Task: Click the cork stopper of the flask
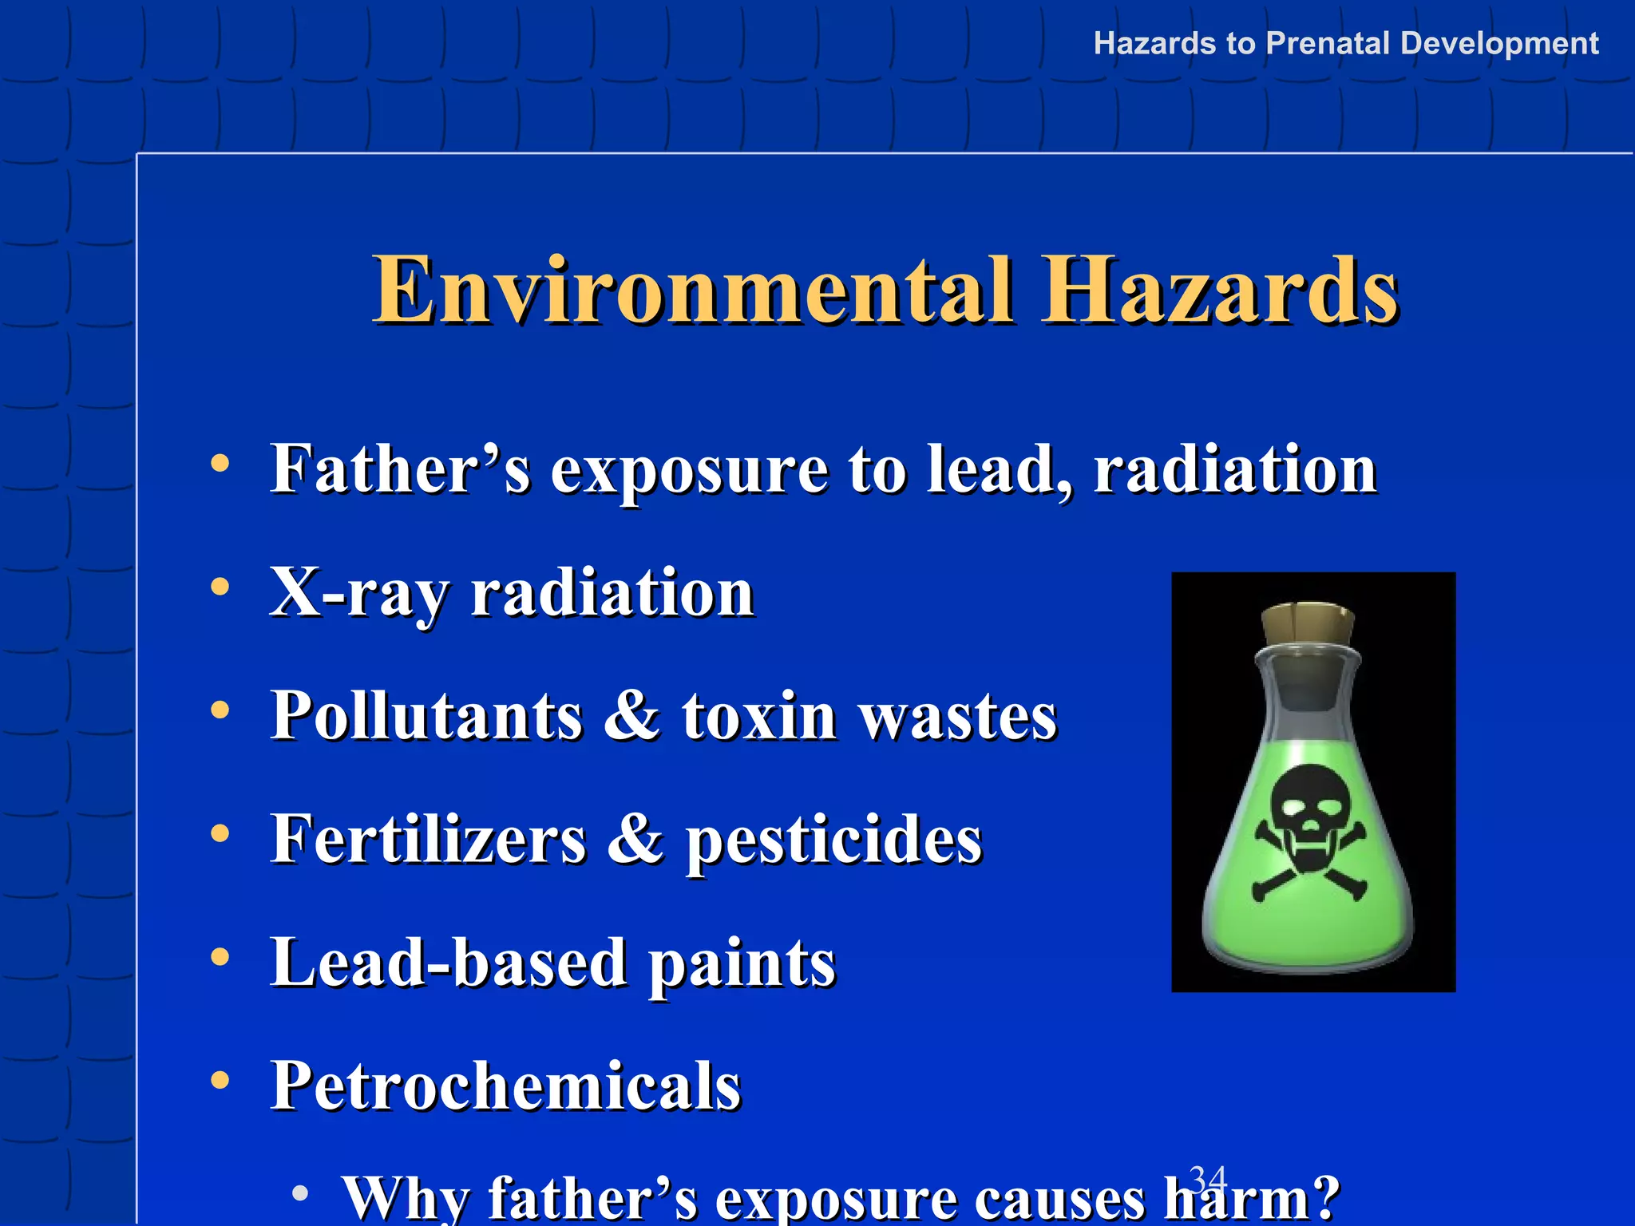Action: click(x=1307, y=623)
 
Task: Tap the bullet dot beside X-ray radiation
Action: click(x=220, y=587)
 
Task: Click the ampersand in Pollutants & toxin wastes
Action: click(x=631, y=715)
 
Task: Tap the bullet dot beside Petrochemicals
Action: click(x=220, y=1080)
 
